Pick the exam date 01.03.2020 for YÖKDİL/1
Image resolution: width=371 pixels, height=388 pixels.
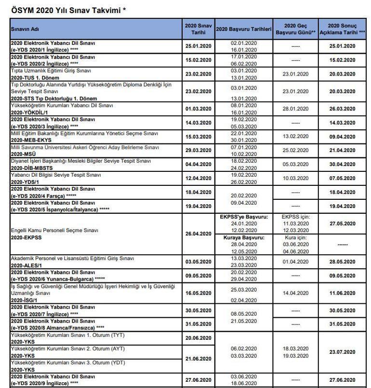[199, 108]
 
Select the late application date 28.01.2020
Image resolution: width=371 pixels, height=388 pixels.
[295, 108]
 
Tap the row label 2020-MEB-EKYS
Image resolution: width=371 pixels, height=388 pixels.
[32, 140]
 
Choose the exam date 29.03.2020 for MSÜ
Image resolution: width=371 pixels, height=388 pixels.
[199, 150]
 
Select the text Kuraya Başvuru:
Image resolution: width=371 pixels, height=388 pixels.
[243, 238]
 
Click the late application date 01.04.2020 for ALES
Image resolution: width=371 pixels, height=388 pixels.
[295, 261]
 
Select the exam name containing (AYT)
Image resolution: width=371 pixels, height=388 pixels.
[67, 348]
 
